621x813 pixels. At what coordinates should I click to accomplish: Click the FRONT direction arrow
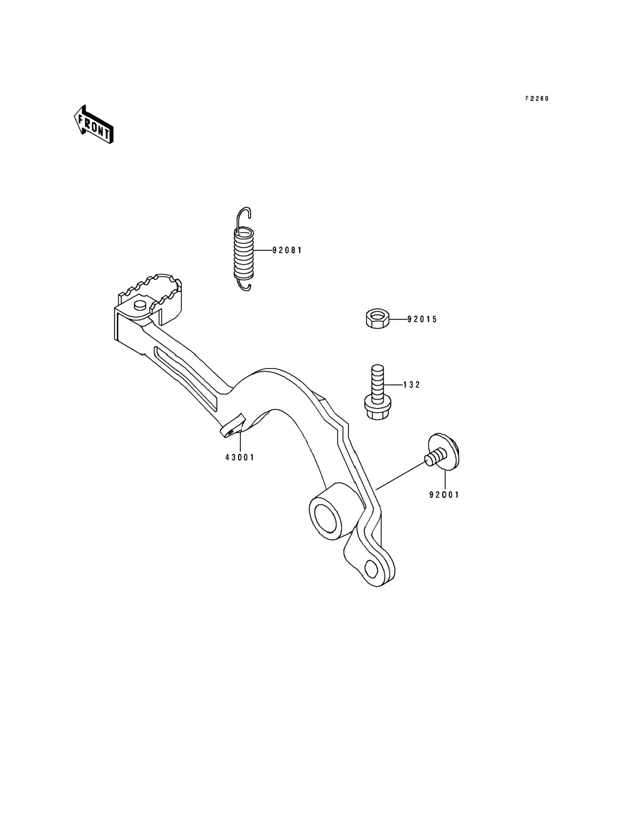pos(94,124)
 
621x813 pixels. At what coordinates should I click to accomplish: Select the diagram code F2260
pos(537,99)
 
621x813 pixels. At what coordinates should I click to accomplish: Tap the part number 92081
pos(287,251)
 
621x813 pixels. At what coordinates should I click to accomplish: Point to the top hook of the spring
pos(244,214)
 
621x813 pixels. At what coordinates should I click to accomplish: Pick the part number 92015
pos(422,319)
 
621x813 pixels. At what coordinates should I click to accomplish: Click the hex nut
pos(377,318)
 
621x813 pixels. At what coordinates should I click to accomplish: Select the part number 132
pos(411,385)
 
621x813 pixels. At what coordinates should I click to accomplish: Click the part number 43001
pos(240,457)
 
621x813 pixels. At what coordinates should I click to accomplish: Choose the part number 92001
pos(444,495)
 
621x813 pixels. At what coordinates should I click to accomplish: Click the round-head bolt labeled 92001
pos(442,453)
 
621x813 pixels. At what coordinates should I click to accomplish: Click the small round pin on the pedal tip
pos(140,305)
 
